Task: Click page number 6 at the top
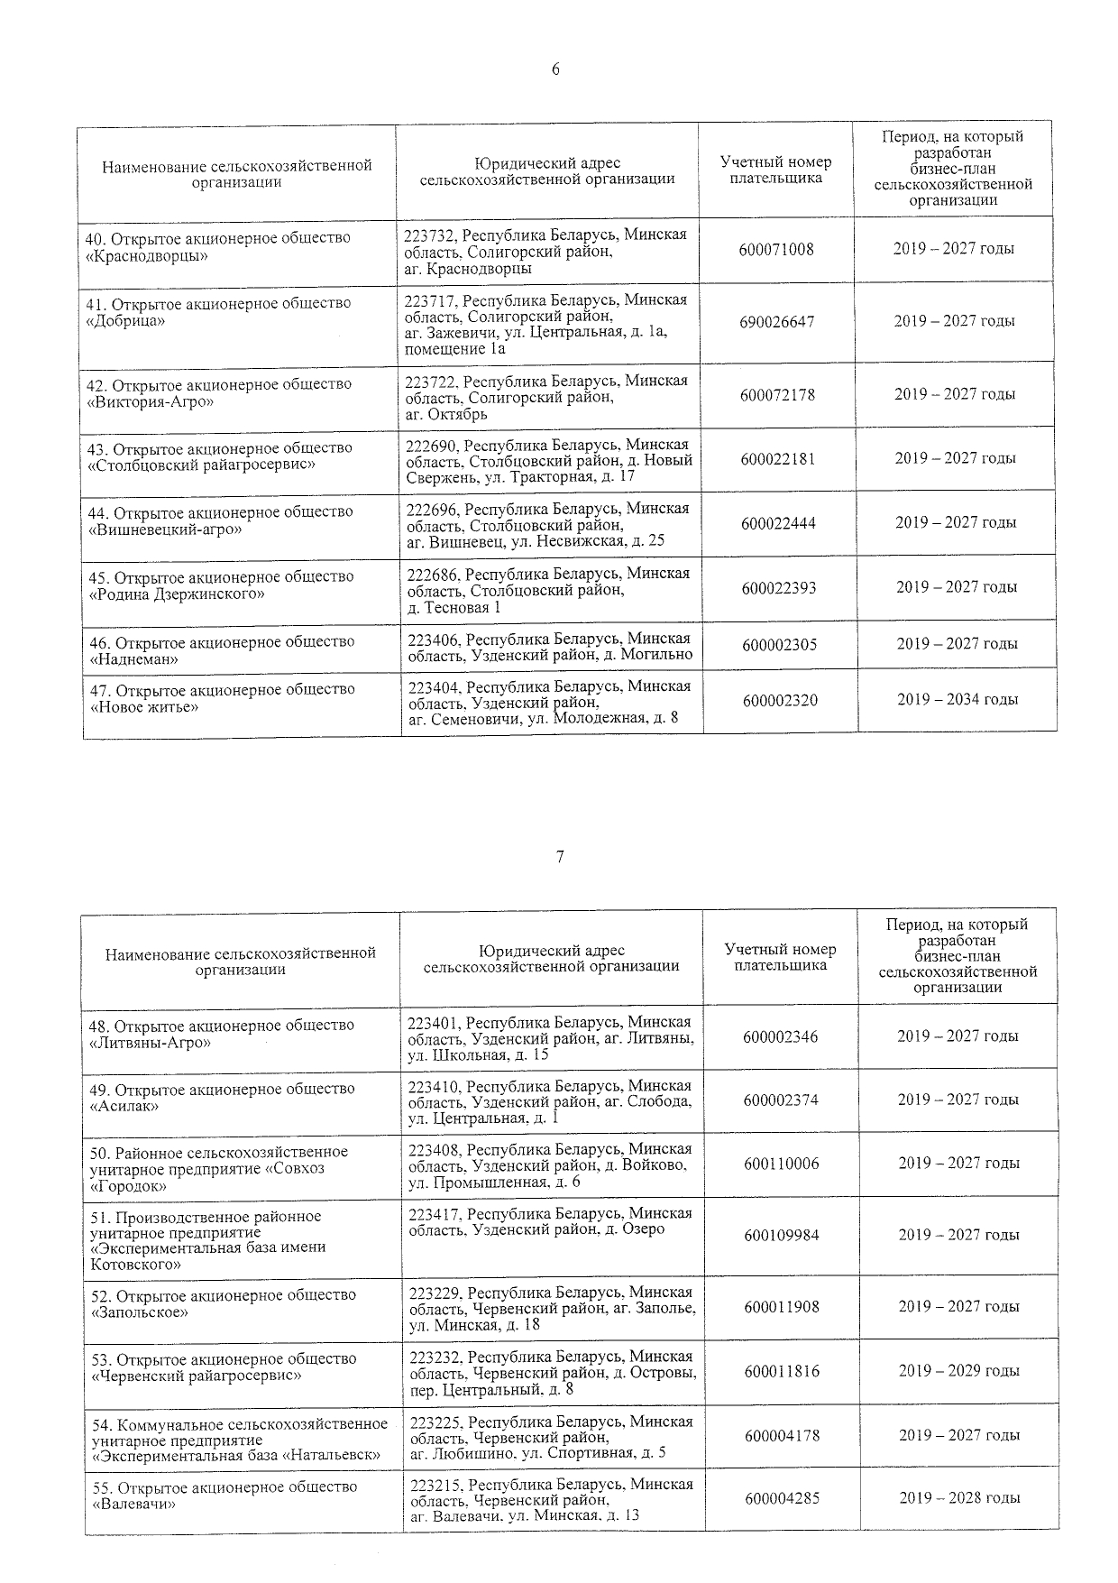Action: coord(555,70)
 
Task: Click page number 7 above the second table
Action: coord(560,857)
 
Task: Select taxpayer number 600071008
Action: coord(775,249)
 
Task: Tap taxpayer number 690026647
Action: coord(776,322)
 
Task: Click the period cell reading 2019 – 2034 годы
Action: coord(958,699)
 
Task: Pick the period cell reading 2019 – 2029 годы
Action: coord(959,1370)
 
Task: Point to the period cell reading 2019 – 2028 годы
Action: coord(959,1497)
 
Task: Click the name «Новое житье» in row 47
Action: coord(144,706)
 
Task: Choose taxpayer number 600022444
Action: coord(778,523)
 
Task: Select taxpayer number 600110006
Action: coord(782,1164)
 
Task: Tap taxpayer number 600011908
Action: coord(782,1306)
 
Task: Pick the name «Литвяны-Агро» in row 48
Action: coord(151,1043)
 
